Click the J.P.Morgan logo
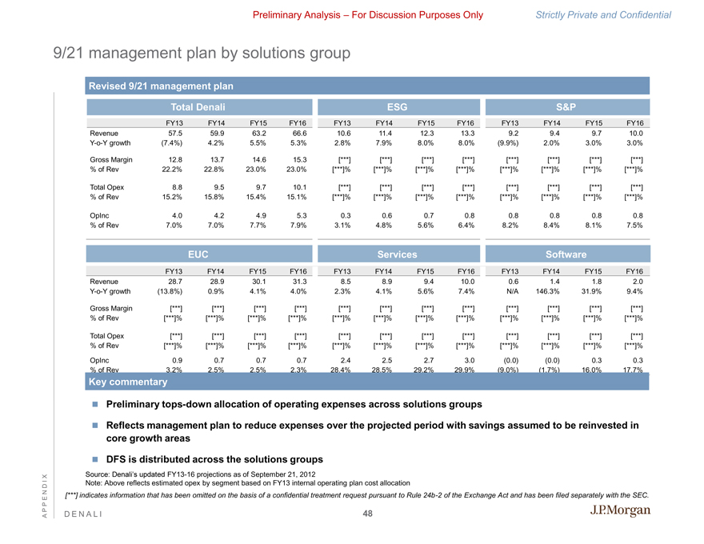click(x=621, y=512)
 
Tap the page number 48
click(x=368, y=514)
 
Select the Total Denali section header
click(x=198, y=106)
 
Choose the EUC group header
click(x=198, y=254)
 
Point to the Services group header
click(x=398, y=254)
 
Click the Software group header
click(x=566, y=254)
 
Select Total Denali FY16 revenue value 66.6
click(x=300, y=134)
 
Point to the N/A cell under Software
click(x=512, y=291)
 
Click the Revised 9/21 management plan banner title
click(x=160, y=86)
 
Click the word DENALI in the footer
click(x=78, y=514)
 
